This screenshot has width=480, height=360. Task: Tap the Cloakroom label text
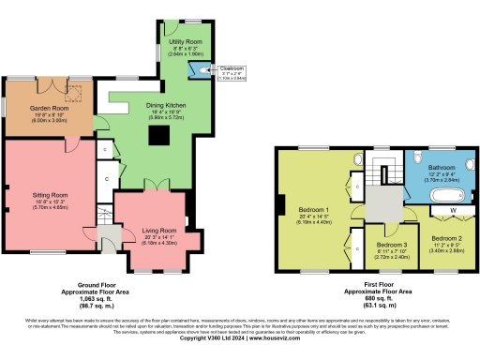[232, 68]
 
